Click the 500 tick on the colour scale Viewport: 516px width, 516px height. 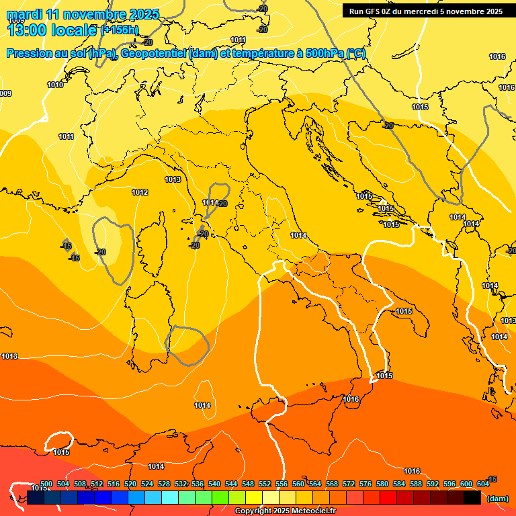(46, 484)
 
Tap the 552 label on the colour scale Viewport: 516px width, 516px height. (265, 484)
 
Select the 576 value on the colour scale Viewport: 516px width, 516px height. (365, 484)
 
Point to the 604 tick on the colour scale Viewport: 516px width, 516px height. (482, 484)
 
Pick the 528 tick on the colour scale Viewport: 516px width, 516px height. (164, 484)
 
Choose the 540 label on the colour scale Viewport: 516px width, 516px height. (214, 484)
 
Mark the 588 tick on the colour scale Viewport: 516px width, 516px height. (416, 484)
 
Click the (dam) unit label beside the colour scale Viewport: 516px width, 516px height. (497, 498)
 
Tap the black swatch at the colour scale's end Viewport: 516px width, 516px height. (472, 498)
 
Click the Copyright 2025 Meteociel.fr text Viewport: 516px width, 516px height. (285, 511)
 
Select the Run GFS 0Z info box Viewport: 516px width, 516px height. (426, 11)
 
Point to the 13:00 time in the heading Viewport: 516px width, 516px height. (28, 30)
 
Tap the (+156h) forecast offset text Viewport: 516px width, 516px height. (119, 30)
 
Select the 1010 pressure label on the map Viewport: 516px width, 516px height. (56, 85)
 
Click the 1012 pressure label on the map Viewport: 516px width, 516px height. (140, 192)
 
